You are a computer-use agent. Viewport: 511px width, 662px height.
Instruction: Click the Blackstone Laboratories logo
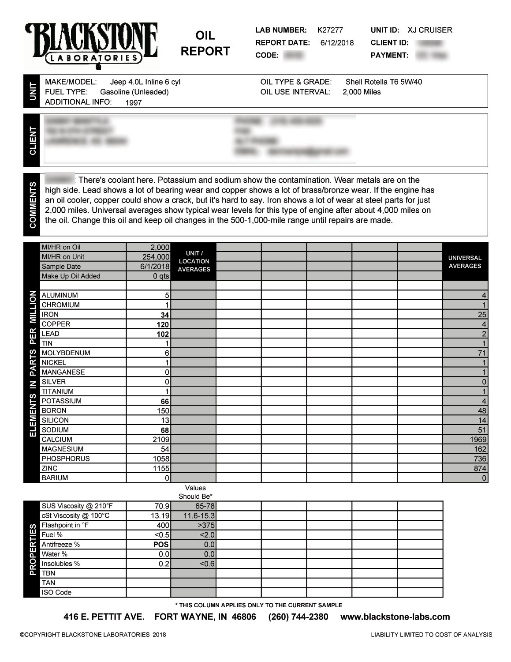(x=92, y=45)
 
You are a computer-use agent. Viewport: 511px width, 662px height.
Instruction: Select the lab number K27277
(x=330, y=30)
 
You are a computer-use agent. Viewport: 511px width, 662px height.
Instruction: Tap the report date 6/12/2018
(x=337, y=43)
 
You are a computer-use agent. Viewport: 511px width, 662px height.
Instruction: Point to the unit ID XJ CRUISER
(x=429, y=30)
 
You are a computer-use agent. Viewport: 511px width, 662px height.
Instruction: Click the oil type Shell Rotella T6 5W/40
(x=384, y=82)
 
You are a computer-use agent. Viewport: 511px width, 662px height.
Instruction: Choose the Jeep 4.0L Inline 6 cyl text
(x=145, y=82)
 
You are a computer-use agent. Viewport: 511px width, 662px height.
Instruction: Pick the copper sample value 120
(x=163, y=325)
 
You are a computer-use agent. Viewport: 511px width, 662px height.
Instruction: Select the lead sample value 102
(x=163, y=335)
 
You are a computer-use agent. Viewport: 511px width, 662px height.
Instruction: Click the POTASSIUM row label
(x=62, y=401)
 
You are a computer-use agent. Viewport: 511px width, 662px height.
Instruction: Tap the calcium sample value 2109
(x=161, y=440)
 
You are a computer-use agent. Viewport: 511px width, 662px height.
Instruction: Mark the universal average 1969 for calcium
(x=478, y=440)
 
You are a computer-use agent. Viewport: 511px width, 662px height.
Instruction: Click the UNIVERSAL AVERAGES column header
(x=465, y=262)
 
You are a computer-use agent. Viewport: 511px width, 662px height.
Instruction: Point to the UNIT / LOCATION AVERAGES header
(x=194, y=261)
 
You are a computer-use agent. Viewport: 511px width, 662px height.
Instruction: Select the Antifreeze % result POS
(x=161, y=545)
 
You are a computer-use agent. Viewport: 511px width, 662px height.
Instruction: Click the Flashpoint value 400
(x=163, y=525)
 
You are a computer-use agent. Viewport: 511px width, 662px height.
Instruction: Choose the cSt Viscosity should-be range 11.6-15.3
(x=199, y=515)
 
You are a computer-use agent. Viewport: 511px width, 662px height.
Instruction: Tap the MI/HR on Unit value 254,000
(x=156, y=257)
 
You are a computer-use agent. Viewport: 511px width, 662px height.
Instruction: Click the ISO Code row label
(x=56, y=592)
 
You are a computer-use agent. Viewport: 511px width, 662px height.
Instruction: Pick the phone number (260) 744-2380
(x=298, y=617)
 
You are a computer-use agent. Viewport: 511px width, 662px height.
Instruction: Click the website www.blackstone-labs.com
(x=395, y=617)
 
